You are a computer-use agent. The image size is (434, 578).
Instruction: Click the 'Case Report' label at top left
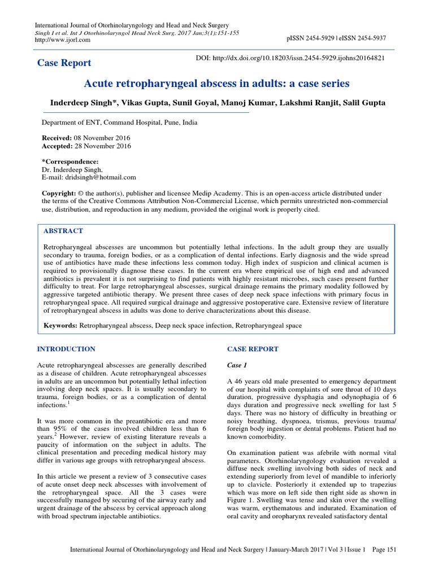click(x=64, y=63)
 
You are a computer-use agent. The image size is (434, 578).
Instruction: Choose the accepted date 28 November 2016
click(x=103, y=146)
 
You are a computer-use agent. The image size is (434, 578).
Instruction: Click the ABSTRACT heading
click(x=63, y=231)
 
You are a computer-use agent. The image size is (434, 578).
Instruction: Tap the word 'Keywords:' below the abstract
click(x=60, y=326)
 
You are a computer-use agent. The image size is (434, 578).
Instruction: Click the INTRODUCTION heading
click(x=66, y=349)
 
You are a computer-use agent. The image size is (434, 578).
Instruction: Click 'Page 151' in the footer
click(x=383, y=565)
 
